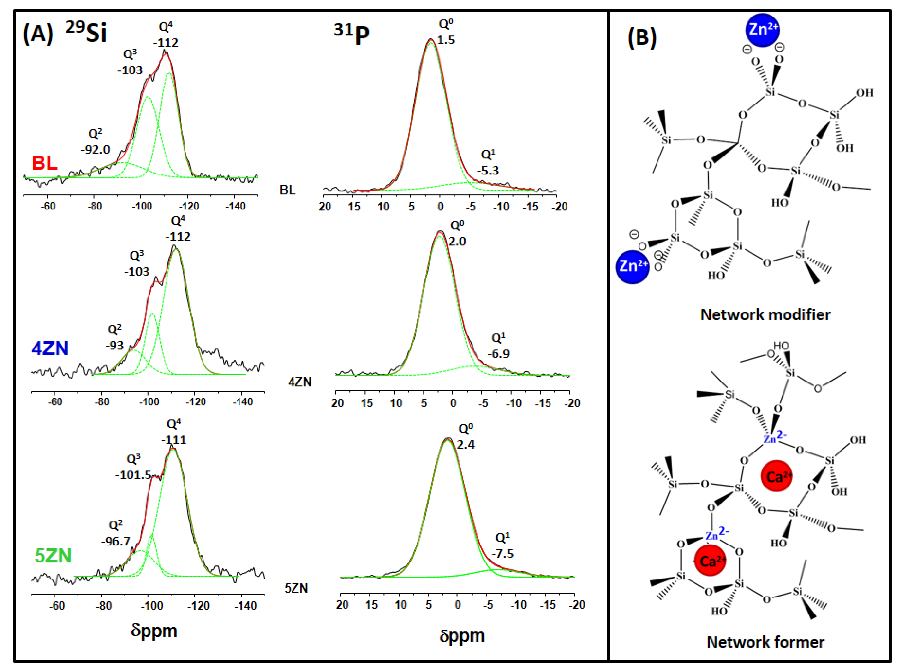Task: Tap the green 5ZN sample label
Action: (x=53, y=556)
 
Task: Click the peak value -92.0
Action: (x=95, y=150)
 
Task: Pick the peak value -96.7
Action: (x=116, y=541)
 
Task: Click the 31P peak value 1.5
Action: (x=446, y=40)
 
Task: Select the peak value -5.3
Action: (x=488, y=170)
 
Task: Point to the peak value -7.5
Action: (x=502, y=554)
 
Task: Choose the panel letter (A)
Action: (x=38, y=33)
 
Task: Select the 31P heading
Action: (x=352, y=34)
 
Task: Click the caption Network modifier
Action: (x=765, y=314)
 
